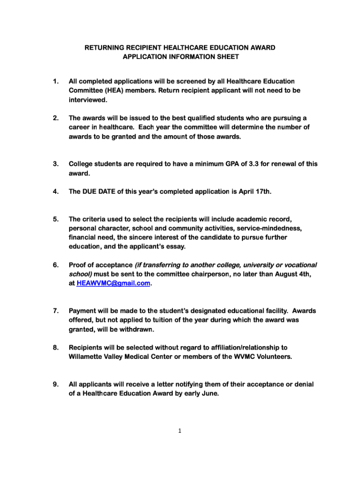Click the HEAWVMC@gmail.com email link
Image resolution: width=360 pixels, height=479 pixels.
click(x=113, y=283)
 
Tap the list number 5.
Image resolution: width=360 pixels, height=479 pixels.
click(x=56, y=219)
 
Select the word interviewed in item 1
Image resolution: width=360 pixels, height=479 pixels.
click(x=88, y=100)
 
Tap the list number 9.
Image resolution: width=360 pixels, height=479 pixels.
click(x=56, y=385)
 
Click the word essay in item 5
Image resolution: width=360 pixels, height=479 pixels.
click(x=175, y=247)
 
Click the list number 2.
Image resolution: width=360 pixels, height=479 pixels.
click(x=56, y=118)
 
